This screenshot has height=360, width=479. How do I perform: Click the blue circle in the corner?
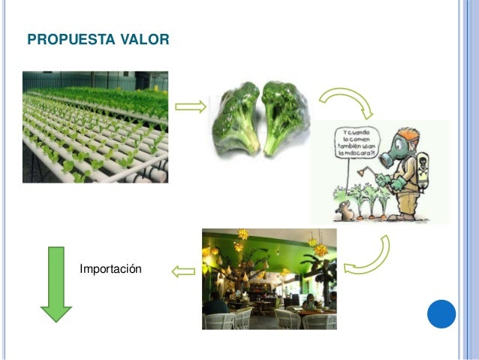pyautogui.click(x=441, y=313)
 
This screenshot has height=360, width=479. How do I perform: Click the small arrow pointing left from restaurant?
pyautogui.click(x=182, y=271)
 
